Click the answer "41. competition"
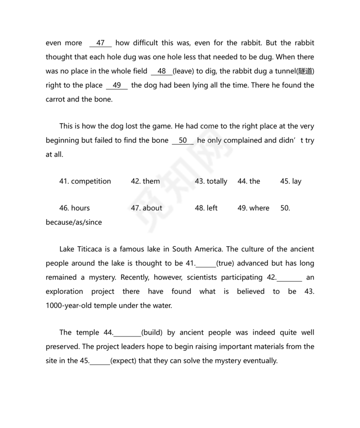click(x=85, y=181)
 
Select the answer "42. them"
click(x=145, y=181)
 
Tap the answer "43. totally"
click(x=211, y=181)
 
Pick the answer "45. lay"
click(x=291, y=181)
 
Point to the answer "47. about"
click(x=147, y=208)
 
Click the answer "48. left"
click(x=206, y=208)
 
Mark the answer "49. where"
click(x=253, y=208)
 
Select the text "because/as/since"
click(x=74, y=222)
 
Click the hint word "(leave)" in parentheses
click(x=183, y=71)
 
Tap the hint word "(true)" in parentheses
click(x=226, y=263)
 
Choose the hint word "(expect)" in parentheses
click(x=124, y=361)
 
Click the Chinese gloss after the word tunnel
click(x=306, y=71)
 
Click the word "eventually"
click(x=259, y=361)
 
